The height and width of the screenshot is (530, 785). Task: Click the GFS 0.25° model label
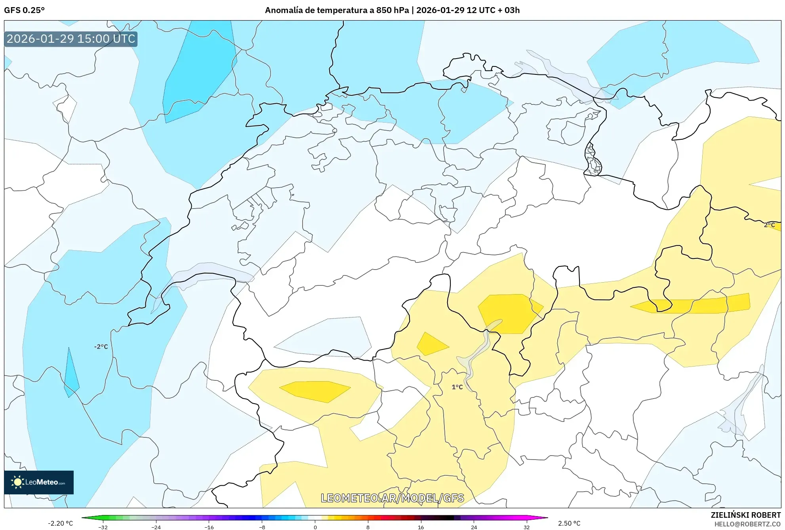24,10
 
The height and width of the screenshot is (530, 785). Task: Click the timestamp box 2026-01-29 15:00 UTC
71,39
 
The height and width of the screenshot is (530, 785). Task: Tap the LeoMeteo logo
39,482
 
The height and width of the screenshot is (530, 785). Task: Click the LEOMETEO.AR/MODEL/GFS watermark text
392,498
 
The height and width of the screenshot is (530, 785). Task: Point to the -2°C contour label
101,347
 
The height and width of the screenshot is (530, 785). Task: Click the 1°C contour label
457,387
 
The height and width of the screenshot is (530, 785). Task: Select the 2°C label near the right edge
769,225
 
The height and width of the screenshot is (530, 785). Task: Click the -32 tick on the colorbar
103,527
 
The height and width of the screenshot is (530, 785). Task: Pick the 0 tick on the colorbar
315,527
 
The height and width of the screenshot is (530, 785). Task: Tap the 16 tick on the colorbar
421,527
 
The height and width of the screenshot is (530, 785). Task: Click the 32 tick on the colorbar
526,527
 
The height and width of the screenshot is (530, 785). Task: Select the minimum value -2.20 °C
61,523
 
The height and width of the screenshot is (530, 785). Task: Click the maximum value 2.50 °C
569,523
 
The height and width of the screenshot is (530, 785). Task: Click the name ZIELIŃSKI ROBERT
745,515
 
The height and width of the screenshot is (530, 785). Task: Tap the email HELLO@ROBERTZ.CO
747,524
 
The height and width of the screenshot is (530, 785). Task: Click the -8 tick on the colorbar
262,527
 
